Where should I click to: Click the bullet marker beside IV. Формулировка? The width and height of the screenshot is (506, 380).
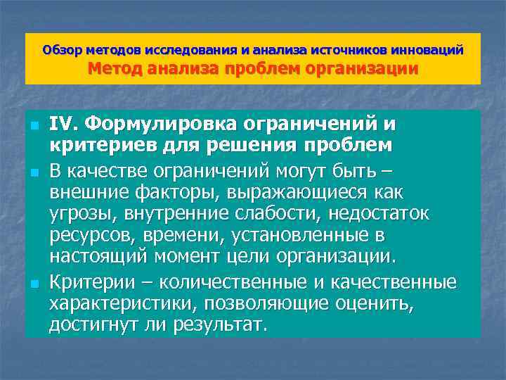pyautogui.click(x=33, y=127)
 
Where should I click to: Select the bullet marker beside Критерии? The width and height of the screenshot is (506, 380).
pyautogui.click(x=33, y=284)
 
